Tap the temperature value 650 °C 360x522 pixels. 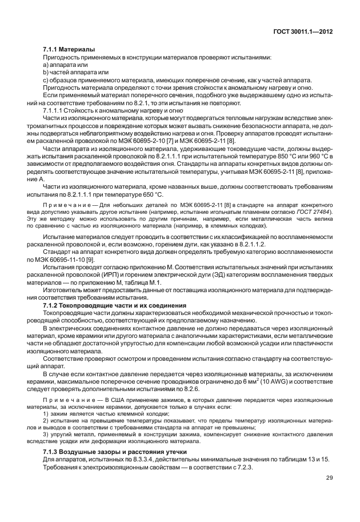pos(151,195)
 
